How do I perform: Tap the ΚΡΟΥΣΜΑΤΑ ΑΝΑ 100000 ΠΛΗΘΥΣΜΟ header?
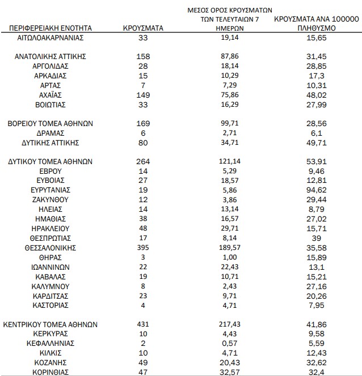[x=316, y=23]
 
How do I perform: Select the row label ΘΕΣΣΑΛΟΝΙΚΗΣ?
[x=50, y=248]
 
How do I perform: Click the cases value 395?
[x=143, y=248]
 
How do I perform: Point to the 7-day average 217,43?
[x=229, y=324]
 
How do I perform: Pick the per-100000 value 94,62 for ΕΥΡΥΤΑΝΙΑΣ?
[x=317, y=190]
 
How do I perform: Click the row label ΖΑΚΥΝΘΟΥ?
[x=50, y=199]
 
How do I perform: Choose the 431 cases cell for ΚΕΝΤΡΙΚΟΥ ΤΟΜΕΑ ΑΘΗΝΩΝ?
[x=143, y=324]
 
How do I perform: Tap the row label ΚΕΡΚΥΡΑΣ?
[x=50, y=334]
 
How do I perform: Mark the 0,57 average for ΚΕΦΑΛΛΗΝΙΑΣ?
[x=229, y=343]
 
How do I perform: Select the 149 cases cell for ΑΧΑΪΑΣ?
[x=143, y=95]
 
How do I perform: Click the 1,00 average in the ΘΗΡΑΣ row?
[x=229, y=257]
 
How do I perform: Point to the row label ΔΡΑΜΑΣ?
[x=50, y=132]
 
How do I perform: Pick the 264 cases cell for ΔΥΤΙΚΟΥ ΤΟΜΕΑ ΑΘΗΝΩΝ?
[x=143, y=161]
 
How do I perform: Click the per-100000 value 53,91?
[x=317, y=161]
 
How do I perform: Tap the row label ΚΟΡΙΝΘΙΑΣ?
[x=50, y=371]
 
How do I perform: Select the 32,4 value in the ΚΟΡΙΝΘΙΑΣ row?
[x=317, y=371]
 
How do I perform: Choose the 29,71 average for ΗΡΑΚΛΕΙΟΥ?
[x=229, y=228]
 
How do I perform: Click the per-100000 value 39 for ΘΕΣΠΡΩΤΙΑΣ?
[x=317, y=238]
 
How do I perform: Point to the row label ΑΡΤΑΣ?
[x=50, y=85]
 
